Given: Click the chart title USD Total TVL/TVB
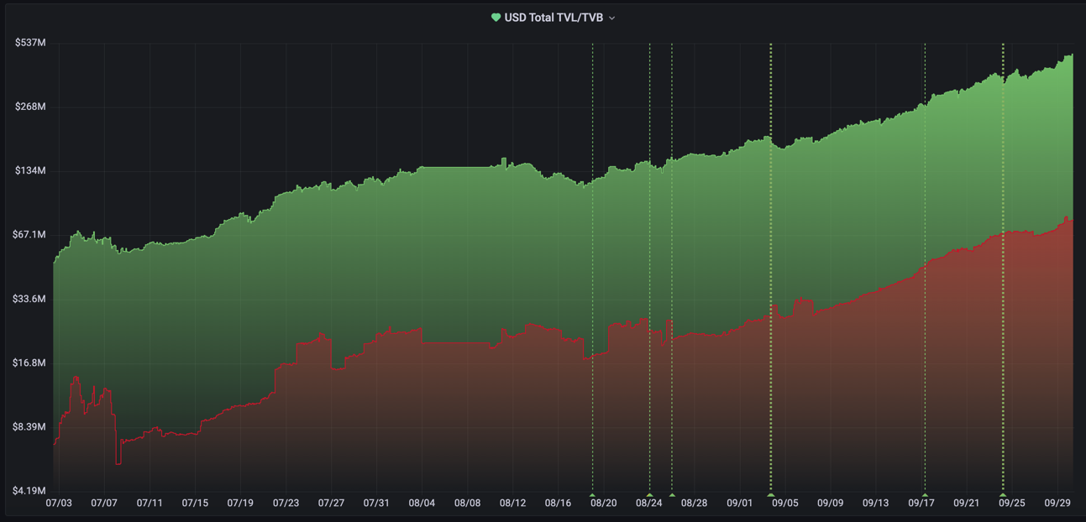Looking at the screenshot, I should click(553, 18).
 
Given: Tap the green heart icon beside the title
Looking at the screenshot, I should click(496, 18).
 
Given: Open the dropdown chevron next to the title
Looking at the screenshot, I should click(611, 18).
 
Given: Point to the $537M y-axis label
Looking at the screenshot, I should click(30, 43).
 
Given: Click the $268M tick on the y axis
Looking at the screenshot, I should click(30, 107).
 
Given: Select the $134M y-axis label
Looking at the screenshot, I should click(30, 170).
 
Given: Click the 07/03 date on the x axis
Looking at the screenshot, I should click(59, 504).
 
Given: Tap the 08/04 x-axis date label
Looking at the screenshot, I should click(422, 504).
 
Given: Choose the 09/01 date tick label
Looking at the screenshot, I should click(739, 504).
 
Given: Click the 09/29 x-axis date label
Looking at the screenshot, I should click(1057, 504).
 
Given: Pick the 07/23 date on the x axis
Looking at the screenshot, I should click(286, 504).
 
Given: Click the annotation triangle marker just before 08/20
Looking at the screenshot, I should click(593, 496).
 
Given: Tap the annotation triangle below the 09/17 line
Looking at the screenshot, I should click(925, 496).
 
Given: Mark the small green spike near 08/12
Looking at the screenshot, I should click(504, 159).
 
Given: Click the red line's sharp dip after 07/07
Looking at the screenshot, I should click(118, 462).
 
